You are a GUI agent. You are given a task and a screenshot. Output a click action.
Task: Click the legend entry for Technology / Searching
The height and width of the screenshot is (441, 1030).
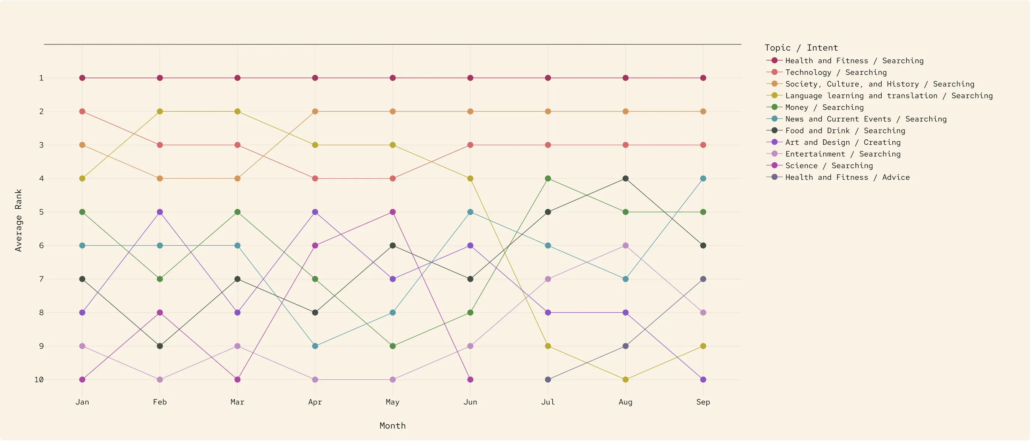tap(836, 72)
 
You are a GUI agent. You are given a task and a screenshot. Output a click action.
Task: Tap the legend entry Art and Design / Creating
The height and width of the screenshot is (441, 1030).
tap(842, 142)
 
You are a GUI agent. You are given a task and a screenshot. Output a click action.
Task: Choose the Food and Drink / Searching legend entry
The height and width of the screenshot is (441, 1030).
tap(845, 131)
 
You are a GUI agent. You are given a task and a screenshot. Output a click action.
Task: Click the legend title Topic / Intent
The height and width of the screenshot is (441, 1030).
tap(801, 48)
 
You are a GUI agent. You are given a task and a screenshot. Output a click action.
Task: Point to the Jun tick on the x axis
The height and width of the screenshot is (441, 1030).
tap(470, 402)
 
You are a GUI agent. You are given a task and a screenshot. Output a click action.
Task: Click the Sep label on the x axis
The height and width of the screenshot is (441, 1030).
tap(703, 402)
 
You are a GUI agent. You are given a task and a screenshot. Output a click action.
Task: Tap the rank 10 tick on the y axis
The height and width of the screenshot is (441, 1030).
tap(39, 380)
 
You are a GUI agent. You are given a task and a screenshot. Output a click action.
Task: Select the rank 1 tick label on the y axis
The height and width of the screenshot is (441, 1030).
tap(41, 78)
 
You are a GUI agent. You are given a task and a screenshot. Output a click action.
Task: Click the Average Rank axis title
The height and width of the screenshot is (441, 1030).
tap(18, 220)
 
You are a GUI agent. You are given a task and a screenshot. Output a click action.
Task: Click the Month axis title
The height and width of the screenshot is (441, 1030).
tap(392, 426)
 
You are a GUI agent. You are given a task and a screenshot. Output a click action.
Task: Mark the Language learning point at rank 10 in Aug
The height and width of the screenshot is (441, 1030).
tap(625, 379)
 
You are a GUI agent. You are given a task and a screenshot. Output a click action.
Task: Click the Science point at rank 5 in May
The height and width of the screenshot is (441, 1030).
tap(393, 212)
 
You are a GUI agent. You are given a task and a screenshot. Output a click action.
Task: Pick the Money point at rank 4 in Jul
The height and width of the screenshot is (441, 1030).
tap(548, 179)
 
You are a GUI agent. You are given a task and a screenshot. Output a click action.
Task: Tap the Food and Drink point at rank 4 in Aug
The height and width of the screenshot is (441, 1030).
tap(625, 179)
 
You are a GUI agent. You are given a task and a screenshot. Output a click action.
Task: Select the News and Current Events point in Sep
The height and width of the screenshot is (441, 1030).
tap(703, 179)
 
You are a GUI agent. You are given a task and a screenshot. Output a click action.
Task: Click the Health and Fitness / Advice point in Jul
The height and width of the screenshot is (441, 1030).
tap(548, 379)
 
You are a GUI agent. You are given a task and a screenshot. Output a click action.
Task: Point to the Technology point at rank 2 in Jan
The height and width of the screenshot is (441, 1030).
tap(83, 111)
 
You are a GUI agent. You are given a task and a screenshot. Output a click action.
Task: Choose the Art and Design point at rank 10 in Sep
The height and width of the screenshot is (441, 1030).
tap(703, 379)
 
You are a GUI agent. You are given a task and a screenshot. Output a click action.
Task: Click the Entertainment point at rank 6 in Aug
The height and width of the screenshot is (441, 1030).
tap(625, 245)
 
